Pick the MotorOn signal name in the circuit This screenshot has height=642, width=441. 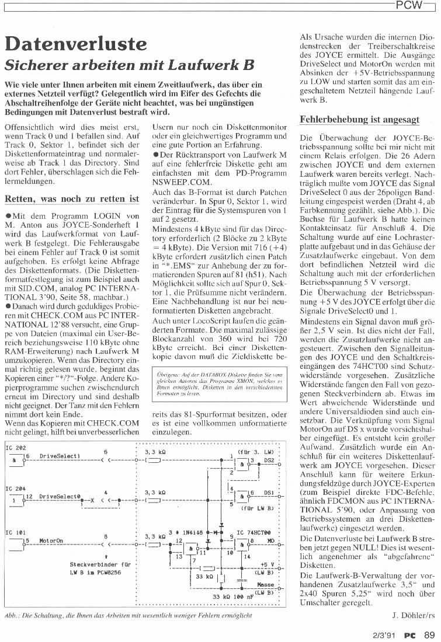(x=51, y=524)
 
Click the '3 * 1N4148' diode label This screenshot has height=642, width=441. (x=186, y=516)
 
